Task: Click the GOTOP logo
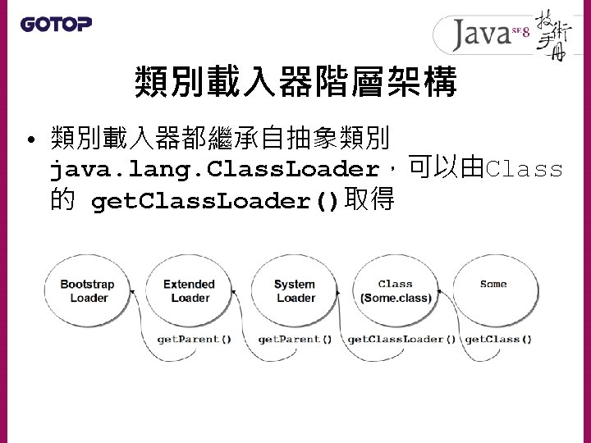click(x=56, y=24)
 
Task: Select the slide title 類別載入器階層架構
click(x=295, y=82)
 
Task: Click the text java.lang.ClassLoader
click(x=216, y=170)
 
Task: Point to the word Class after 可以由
click(x=525, y=170)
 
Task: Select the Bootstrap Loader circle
click(x=89, y=291)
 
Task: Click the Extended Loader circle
click(x=189, y=291)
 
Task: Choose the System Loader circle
click(x=295, y=291)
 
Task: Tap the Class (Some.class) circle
click(x=395, y=291)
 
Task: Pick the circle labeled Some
click(x=493, y=287)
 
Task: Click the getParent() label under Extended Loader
click(x=194, y=338)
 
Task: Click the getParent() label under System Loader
click(x=295, y=338)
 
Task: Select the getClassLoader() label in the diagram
click(x=401, y=338)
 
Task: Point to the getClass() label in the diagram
click(x=498, y=338)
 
